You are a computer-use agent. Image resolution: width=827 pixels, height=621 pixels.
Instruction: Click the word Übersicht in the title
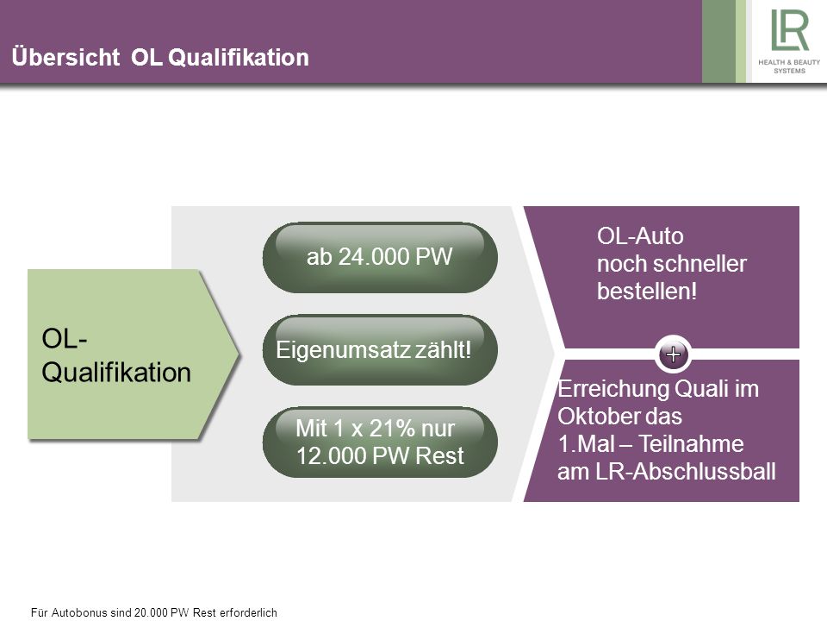(65, 57)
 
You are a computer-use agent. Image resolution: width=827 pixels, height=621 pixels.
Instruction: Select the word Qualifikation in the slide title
(239, 57)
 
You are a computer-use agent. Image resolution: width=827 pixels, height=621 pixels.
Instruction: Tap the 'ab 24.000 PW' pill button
(380, 257)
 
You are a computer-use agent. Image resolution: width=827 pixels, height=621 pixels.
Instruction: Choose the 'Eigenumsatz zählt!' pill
(380, 349)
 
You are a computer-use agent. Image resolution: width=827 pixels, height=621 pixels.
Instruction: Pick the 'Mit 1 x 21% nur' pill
(380, 442)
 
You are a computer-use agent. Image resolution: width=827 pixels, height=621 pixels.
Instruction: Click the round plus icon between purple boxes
(673, 354)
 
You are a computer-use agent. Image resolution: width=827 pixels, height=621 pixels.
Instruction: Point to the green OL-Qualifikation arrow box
(133, 354)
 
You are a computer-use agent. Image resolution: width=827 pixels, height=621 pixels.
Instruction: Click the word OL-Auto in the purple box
(640, 236)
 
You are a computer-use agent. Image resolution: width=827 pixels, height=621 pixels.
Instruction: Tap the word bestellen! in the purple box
(647, 291)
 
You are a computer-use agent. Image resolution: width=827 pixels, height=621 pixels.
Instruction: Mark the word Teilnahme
(692, 443)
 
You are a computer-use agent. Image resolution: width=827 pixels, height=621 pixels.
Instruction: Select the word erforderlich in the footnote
(248, 612)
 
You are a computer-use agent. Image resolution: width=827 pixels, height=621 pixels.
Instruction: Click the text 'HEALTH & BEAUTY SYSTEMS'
(789, 66)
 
